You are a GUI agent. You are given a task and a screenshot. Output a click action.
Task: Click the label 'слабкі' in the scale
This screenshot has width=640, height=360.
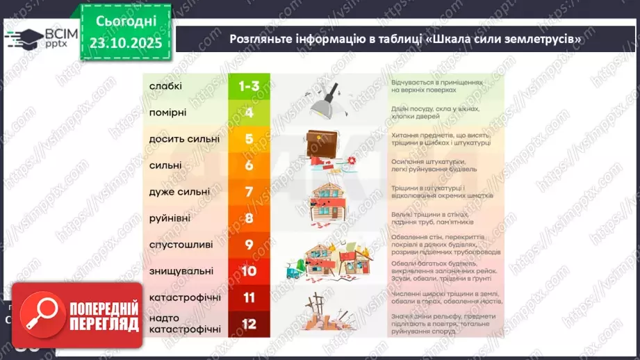click(165, 86)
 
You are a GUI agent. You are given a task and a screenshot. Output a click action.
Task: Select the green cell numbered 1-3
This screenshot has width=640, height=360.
click(249, 86)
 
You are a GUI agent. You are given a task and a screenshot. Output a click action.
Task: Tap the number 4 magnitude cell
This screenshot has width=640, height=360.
click(249, 112)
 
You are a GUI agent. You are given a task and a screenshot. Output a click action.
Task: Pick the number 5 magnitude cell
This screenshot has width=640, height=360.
click(249, 138)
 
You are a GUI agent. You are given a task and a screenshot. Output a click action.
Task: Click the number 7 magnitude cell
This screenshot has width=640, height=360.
click(249, 191)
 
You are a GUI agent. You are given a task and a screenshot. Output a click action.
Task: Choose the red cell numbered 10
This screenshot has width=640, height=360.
click(249, 271)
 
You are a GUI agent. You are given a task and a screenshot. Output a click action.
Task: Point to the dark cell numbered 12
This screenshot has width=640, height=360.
click(249, 323)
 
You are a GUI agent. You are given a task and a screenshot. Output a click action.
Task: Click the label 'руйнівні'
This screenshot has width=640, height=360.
click(170, 218)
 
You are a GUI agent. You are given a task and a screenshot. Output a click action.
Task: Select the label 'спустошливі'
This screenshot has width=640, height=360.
click(177, 245)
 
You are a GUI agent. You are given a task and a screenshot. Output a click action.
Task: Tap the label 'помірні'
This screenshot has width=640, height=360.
click(168, 112)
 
